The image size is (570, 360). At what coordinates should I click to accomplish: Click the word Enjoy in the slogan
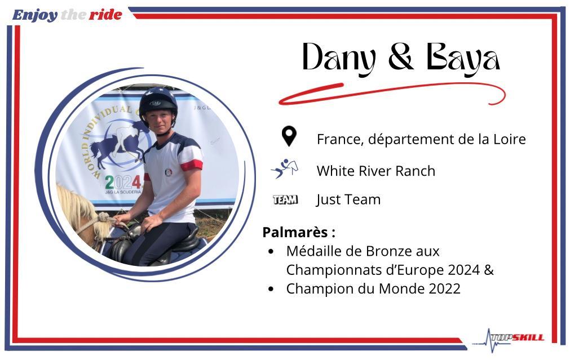35,15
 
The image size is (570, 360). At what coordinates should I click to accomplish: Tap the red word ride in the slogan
105,15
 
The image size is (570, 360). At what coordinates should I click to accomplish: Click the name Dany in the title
338,58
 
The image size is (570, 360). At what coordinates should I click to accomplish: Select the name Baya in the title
463,59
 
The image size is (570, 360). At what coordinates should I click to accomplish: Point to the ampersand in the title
401,56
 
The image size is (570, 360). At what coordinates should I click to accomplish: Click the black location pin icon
289,136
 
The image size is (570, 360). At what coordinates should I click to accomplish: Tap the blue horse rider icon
285,168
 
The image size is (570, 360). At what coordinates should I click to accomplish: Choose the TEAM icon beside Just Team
285,199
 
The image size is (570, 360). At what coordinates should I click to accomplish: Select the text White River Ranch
376,171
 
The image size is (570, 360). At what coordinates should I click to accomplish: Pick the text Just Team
348,199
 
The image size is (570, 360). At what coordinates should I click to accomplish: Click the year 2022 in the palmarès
445,289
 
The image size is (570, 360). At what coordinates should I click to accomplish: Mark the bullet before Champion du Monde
271,289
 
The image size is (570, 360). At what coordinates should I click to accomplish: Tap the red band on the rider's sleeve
192,165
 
